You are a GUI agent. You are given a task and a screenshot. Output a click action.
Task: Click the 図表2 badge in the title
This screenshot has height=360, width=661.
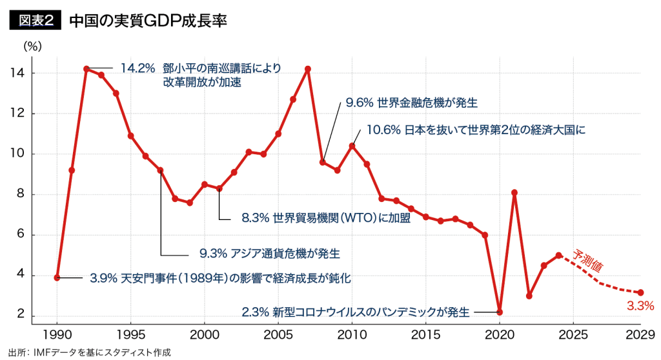(34, 20)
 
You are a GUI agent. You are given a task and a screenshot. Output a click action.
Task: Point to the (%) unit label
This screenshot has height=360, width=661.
(32, 46)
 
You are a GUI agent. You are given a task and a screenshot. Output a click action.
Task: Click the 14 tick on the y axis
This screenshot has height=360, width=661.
(17, 73)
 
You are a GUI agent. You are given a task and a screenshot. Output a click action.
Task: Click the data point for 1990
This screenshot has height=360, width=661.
(57, 277)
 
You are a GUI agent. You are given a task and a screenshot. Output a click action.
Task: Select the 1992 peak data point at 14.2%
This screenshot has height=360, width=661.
(86, 68)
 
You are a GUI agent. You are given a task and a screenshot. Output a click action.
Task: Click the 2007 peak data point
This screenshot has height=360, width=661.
(308, 69)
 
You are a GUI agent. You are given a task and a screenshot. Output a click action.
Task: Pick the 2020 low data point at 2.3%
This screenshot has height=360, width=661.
(500, 312)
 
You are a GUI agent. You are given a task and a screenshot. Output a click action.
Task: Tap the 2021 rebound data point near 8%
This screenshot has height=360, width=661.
(514, 192)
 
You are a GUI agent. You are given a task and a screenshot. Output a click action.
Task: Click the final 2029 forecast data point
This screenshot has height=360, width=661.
(640, 292)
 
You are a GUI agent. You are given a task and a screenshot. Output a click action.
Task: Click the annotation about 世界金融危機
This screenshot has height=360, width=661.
(411, 103)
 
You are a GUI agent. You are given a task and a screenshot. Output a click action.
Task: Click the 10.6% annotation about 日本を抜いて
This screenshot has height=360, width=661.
(475, 130)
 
